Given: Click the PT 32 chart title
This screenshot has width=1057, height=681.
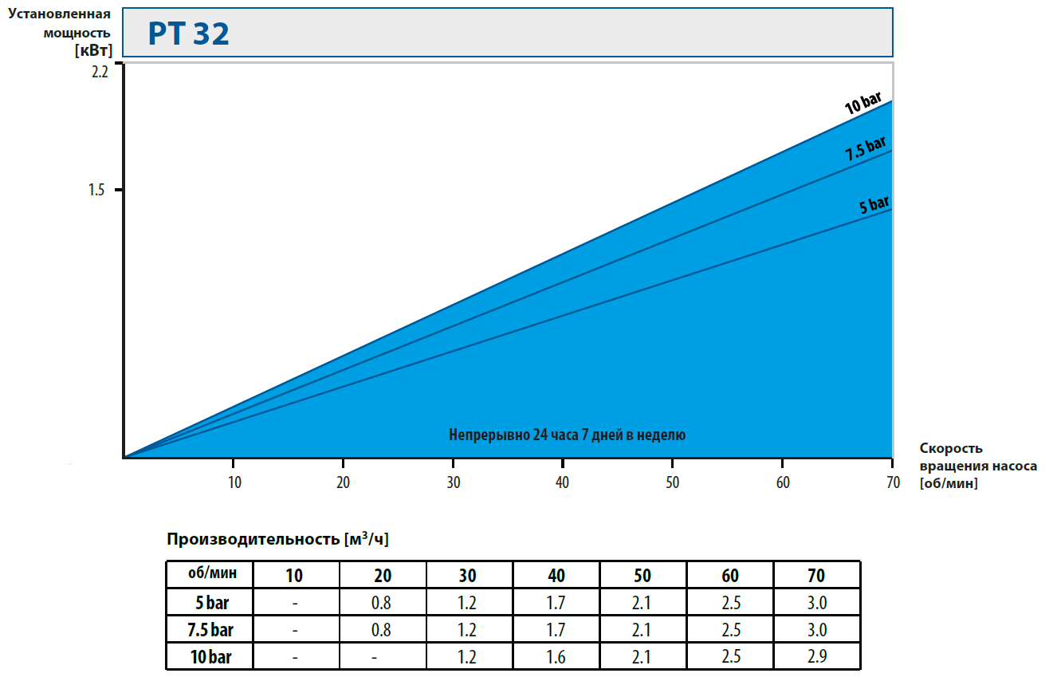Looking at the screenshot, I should [x=189, y=34].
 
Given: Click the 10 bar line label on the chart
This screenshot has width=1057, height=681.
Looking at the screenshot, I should [x=862, y=104].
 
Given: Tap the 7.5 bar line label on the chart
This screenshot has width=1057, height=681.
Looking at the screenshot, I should [x=865, y=150].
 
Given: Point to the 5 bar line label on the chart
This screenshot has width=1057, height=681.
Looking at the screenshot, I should [x=874, y=205].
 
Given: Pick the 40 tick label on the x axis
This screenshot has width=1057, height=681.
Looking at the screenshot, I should [x=563, y=482].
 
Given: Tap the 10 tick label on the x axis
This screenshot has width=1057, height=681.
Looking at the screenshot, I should [x=234, y=482].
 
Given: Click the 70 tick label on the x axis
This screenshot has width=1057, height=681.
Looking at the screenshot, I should [x=892, y=482].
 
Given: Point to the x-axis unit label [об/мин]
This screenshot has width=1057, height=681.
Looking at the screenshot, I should [x=948, y=483].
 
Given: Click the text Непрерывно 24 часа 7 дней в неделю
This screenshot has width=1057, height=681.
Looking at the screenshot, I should [x=567, y=435].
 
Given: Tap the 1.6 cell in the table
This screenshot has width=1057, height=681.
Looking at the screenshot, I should [x=556, y=657].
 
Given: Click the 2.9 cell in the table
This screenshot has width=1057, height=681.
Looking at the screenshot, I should [x=816, y=657].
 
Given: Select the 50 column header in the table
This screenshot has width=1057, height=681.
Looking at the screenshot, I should [x=642, y=575].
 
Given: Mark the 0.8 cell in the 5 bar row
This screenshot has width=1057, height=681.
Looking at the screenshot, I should [x=381, y=603].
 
